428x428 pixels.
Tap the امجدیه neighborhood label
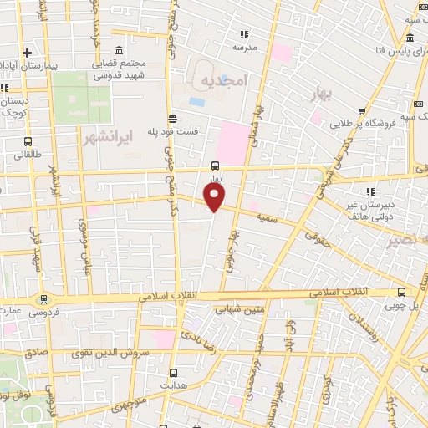tap(224, 80)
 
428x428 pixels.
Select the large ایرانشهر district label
tap(110, 133)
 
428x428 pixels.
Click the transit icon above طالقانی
tap(29, 141)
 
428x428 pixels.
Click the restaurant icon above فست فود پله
tap(171, 118)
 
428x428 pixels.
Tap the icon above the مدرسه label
tap(244, 34)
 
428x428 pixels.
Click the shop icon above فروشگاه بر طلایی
tap(361, 110)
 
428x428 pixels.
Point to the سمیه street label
tap(268, 217)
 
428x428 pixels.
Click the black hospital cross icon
tap(27, 52)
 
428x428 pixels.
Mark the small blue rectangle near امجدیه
tap(196, 102)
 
